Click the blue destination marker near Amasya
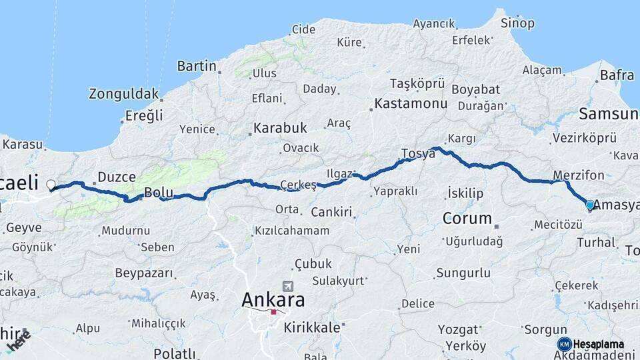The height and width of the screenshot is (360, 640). point(589,205)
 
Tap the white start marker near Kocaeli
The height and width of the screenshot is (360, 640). point(51,185)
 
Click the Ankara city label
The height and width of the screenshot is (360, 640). point(273,299)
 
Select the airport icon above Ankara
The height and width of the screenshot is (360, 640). point(287,285)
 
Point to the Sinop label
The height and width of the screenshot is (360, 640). point(519,23)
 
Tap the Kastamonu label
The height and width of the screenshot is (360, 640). point(411,104)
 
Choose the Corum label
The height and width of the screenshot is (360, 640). point(467,218)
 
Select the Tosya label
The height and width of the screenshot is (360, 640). point(418,154)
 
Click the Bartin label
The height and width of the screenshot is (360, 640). point(197,66)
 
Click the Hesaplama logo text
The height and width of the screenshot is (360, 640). point(599,344)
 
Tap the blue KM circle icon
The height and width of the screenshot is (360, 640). point(564,344)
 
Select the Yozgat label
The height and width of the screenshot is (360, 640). point(459,329)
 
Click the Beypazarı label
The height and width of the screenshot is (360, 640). point(144,273)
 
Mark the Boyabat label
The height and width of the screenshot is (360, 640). point(475,89)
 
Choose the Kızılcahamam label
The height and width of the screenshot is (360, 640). point(292,231)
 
